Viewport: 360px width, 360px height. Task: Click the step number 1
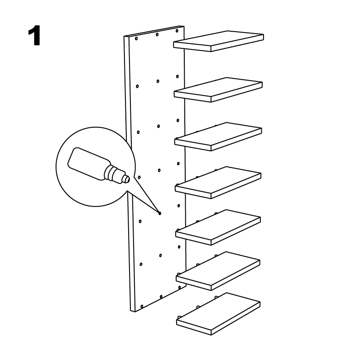pos(34,36)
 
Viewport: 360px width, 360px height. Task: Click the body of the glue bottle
pos(88,163)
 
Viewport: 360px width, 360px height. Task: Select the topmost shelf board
pos(218,41)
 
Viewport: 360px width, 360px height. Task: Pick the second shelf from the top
pos(218,90)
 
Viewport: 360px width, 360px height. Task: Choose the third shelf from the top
pos(218,136)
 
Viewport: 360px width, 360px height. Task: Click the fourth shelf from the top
pos(218,182)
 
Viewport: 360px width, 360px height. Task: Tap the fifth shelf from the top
pos(218,227)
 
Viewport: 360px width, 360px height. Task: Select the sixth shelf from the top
pos(218,271)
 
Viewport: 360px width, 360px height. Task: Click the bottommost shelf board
pos(218,314)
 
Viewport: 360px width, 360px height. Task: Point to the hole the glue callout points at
pos(160,213)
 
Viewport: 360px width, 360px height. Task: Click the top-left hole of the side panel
pos(136,38)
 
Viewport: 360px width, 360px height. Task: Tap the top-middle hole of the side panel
pos(157,35)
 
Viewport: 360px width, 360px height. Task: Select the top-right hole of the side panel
pos(177,31)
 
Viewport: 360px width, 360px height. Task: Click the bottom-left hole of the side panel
pos(142,306)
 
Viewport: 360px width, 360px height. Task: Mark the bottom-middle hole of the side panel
pos(161,297)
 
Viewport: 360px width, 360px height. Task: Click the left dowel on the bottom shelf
pos(178,317)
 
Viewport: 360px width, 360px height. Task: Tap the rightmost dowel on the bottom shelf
pos(216,298)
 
